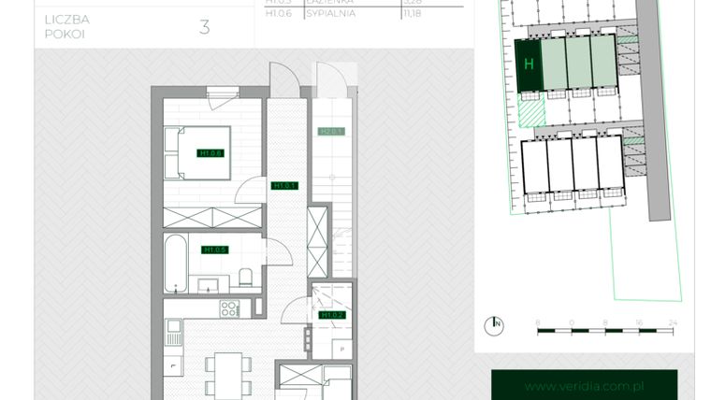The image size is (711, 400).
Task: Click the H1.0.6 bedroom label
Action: [x=210, y=153]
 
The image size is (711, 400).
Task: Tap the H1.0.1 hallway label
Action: [x=283, y=186]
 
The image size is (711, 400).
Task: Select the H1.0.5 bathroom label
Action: [x=215, y=250]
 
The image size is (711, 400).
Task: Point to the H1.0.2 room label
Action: [x=332, y=315]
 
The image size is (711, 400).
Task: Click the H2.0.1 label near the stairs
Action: [x=332, y=132]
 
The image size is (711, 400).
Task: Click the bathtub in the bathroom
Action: [x=176, y=264]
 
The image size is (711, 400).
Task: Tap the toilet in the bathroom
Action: [x=245, y=277]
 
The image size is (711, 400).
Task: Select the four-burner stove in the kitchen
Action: [x=228, y=309]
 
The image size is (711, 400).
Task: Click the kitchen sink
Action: [x=174, y=326]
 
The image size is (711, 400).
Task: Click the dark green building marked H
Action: [x=530, y=64]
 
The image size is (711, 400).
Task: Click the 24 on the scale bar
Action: [x=672, y=321]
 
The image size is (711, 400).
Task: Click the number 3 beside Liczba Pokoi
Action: [x=204, y=26]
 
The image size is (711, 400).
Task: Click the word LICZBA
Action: [x=66, y=18]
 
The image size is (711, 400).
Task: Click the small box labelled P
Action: [x=342, y=350]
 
